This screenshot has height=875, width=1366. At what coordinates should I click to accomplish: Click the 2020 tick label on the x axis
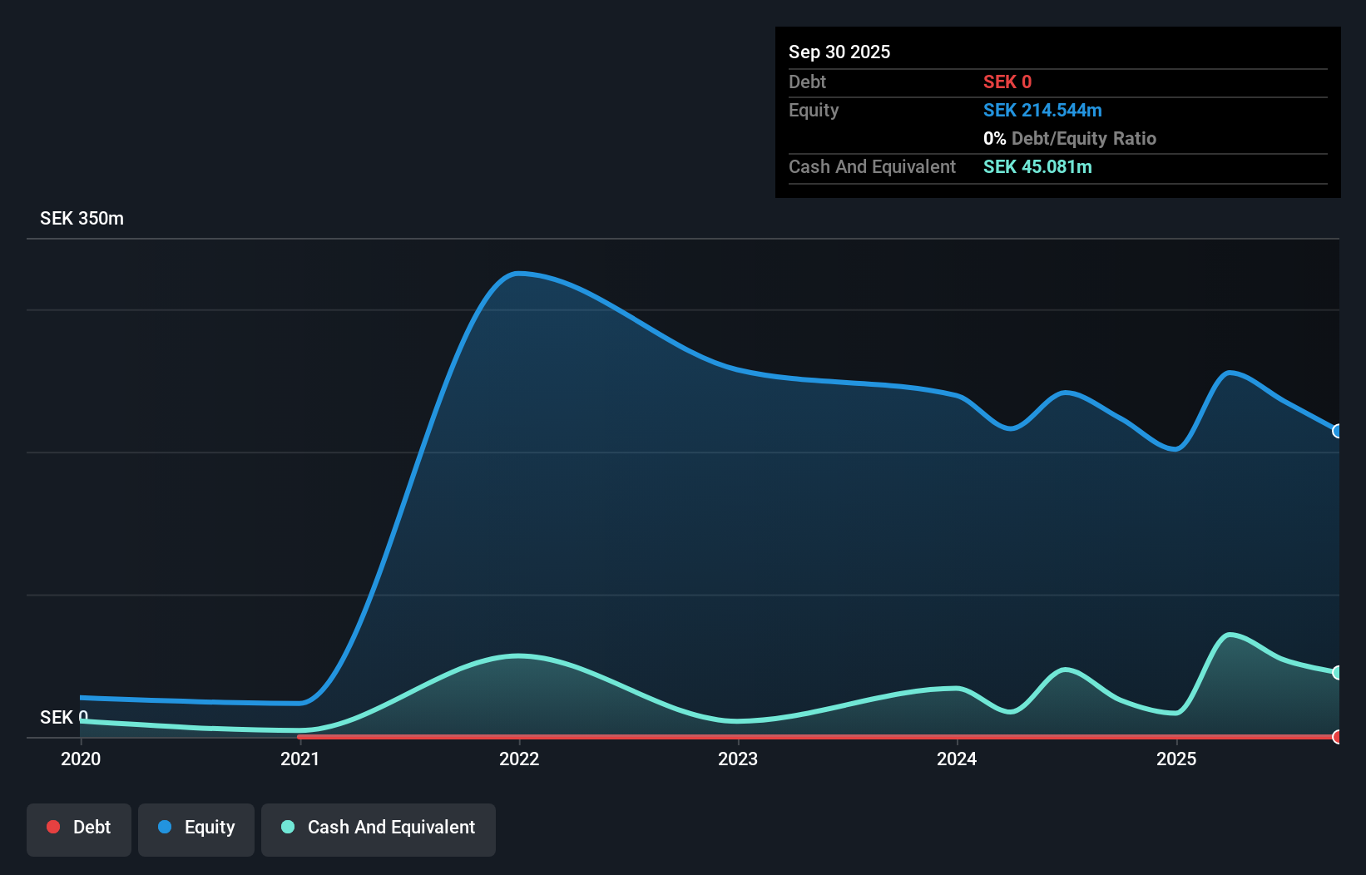pos(81,759)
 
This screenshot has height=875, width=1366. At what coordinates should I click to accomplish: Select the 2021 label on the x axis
pos(299,759)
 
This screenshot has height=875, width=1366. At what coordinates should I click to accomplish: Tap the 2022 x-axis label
pos(519,759)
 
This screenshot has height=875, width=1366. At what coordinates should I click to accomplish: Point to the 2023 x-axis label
pos(738,759)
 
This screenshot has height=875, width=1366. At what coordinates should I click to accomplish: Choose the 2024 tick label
pos(957,759)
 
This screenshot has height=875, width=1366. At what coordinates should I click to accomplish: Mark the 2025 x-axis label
pos(1176,759)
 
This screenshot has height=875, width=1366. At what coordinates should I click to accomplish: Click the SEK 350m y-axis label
pos(82,219)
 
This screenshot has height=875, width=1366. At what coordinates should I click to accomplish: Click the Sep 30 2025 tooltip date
pos(839,52)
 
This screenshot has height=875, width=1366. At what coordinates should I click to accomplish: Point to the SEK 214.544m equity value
pos(1042,111)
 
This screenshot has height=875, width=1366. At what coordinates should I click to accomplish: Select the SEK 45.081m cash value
pos(1037,167)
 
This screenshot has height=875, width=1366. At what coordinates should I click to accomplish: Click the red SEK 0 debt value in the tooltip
pos(1007,82)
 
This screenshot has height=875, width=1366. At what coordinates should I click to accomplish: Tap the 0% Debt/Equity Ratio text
pos(1070,139)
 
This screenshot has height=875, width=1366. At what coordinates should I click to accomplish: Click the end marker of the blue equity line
pos(1337,431)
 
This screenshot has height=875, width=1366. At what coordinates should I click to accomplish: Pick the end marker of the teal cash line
pos(1337,672)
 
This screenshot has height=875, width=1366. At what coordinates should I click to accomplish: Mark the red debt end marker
pos(1337,737)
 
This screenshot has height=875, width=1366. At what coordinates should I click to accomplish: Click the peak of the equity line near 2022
pos(518,274)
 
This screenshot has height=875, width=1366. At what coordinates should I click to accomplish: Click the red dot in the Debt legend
pos(53,827)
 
